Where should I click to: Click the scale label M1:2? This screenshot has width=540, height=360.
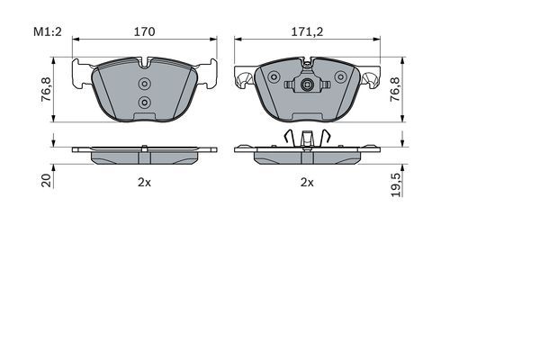(x=47, y=31)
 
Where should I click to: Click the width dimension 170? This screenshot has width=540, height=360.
(x=145, y=31)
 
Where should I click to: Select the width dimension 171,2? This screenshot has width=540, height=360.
(x=307, y=31)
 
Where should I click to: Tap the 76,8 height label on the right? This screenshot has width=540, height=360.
(x=393, y=90)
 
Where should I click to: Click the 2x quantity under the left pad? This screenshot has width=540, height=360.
(x=144, y=182)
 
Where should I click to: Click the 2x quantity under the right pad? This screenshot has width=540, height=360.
(x=307, y=182)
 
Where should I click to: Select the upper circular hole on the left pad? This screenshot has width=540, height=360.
(x=145, y=85)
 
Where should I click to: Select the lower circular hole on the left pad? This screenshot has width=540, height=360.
(x=145, y=103)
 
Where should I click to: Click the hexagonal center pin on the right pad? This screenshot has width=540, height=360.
(x=308, y=87)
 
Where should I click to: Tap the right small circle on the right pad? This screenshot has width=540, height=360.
(x=340, y=78)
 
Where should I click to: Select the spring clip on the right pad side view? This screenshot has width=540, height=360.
(x=308, y=138)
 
